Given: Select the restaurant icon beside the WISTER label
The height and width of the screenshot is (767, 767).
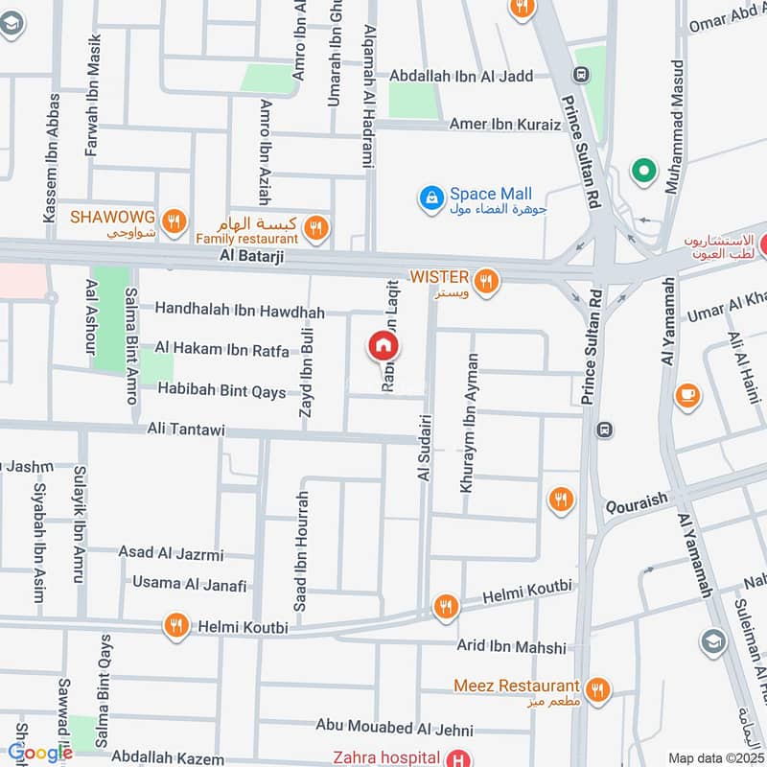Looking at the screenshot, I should pos(487,281).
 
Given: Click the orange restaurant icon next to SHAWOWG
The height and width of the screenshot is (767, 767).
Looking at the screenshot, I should pos(174,222).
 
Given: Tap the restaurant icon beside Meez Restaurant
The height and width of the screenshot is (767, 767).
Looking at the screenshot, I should pos(597,688).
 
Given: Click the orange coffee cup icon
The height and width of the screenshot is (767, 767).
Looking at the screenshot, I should pos(686,395).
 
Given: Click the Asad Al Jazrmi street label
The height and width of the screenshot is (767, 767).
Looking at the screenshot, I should pos(171,553).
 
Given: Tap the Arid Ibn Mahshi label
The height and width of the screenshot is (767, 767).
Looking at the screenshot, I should pos(511,648).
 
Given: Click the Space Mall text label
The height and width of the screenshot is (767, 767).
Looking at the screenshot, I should pos(491,195).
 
